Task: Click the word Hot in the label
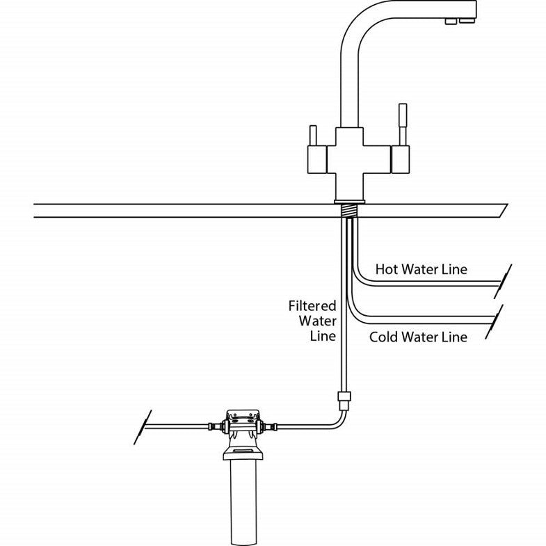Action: [387, 269]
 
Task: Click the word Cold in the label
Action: [384, 337]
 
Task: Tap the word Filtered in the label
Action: [312, 306]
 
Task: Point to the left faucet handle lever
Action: [312, 135]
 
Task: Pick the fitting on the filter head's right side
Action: [271, 425]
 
